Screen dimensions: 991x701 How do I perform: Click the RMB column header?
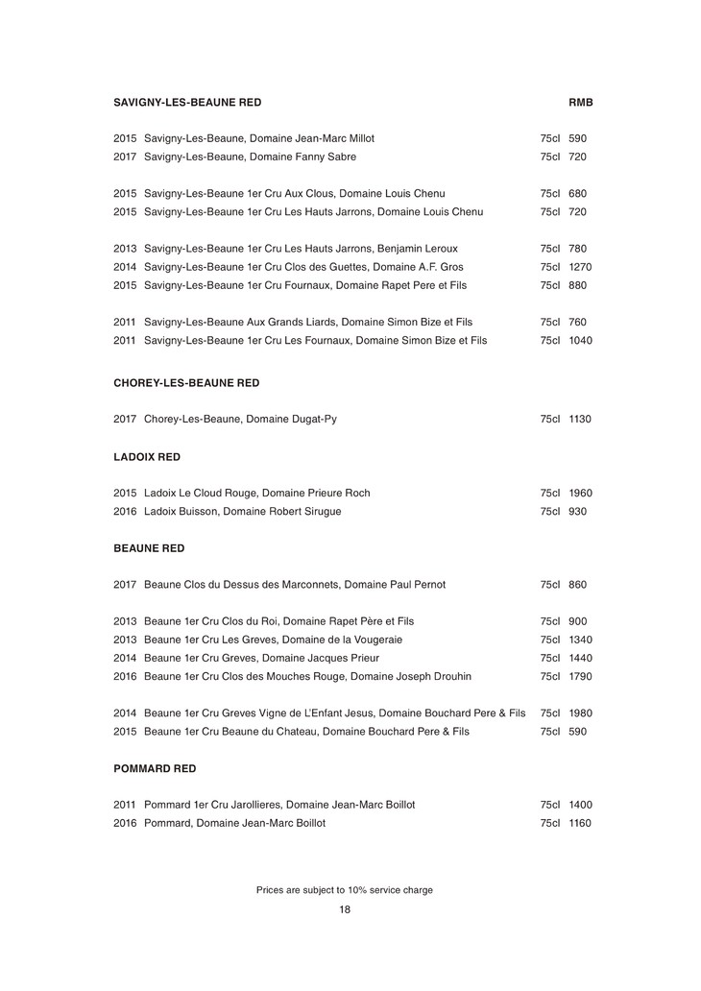tap(581, 102)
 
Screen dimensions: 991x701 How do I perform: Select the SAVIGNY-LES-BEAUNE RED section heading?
tap(187, 102)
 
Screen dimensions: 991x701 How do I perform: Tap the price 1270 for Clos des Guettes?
tap(580, 267)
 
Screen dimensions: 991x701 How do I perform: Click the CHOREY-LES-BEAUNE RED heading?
tap(186, 382)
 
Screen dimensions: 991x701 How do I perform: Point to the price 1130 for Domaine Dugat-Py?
tap(580, 420)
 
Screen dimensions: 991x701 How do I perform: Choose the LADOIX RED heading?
tap(147, 457)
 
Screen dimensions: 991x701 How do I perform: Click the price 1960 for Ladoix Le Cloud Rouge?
tap(580, 494)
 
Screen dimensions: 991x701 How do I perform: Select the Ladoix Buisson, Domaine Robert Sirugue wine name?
tap(242, 512)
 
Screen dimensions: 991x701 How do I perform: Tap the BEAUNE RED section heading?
tap(149, 548)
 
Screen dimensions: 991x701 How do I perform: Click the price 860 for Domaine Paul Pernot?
tap(577, 585)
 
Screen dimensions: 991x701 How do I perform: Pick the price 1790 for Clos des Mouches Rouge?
tap(580, 677)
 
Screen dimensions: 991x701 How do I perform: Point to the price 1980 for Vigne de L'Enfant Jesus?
tap(580, 713)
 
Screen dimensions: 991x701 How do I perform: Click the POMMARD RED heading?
tap(155, 769)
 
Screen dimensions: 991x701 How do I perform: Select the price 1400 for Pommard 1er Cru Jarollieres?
tap(580, 805)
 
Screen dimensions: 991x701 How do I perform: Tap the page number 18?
tap(345, 910)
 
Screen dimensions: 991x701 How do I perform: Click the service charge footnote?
tap(345, 890)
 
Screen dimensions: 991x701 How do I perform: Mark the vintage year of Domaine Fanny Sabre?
tap(125, 157)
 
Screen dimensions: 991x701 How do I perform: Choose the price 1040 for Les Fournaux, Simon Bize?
tap(580, 340)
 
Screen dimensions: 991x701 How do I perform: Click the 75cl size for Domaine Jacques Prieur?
tap(549, 659)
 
